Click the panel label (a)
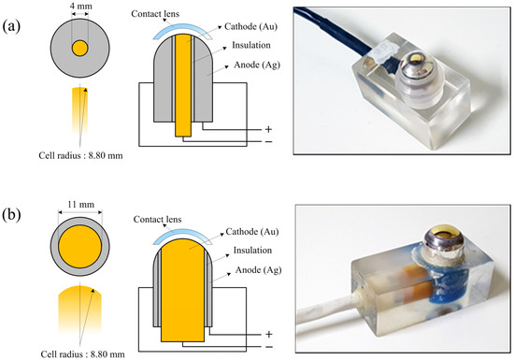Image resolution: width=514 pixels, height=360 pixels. click(11, 26)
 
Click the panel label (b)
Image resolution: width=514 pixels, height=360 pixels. click(11, 214)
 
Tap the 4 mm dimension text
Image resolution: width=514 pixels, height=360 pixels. click(80, 6)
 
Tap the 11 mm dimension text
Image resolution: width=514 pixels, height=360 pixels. click(80, 205)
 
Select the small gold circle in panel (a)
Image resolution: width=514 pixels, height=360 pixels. click(80, 49)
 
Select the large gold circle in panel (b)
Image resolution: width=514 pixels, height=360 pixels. click(80, 246)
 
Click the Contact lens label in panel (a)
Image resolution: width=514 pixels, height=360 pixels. click(155, 14)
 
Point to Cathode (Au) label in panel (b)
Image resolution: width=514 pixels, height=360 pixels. click(252, 232)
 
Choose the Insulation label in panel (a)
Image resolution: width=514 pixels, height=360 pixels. click(251, 45)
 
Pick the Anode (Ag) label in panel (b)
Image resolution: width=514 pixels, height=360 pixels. click(258, 270)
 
